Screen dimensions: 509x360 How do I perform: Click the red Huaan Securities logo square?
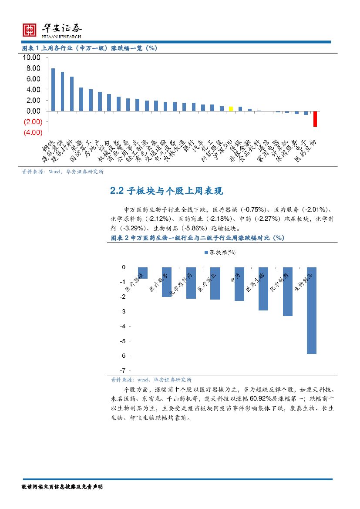[x=29, y=30]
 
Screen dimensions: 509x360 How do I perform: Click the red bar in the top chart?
[x=315, y=119]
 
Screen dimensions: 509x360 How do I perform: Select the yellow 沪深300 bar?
[x=231, y=109]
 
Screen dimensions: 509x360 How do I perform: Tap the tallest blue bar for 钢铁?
[x=53, y=90]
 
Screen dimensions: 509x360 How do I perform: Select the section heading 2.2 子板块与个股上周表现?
[x=167, y=191]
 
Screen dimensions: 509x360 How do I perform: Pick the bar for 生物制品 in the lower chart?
[x=311, y=310]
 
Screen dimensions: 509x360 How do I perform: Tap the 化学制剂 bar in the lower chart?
[x=287, y=291]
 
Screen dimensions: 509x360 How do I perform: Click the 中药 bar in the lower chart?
[x=239, y=284]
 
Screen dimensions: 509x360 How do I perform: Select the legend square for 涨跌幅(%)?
[x=206, y=252]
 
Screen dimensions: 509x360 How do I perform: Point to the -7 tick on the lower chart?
[x=123, y=370]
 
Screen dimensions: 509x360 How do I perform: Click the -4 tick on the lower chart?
[x=123, y=326]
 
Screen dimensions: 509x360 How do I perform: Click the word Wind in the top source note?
[x=55, y=172]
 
